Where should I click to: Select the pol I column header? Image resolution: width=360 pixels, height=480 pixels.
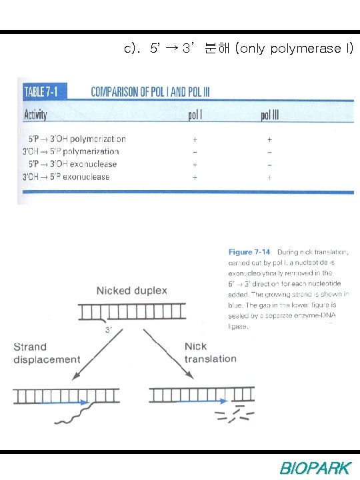tap(195, 115)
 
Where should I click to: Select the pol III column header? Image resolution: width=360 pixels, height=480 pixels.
tap(269, 115)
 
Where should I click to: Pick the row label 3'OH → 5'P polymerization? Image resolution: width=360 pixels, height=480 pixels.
tap(70, 152)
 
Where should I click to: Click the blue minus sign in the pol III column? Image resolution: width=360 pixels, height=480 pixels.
tap(269, 164)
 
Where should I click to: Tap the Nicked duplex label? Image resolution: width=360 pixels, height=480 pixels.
tap(132, 291)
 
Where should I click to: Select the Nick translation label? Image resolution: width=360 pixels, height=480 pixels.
tap(210, 352)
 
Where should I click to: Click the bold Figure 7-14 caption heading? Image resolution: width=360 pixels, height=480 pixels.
tap(249, 252)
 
